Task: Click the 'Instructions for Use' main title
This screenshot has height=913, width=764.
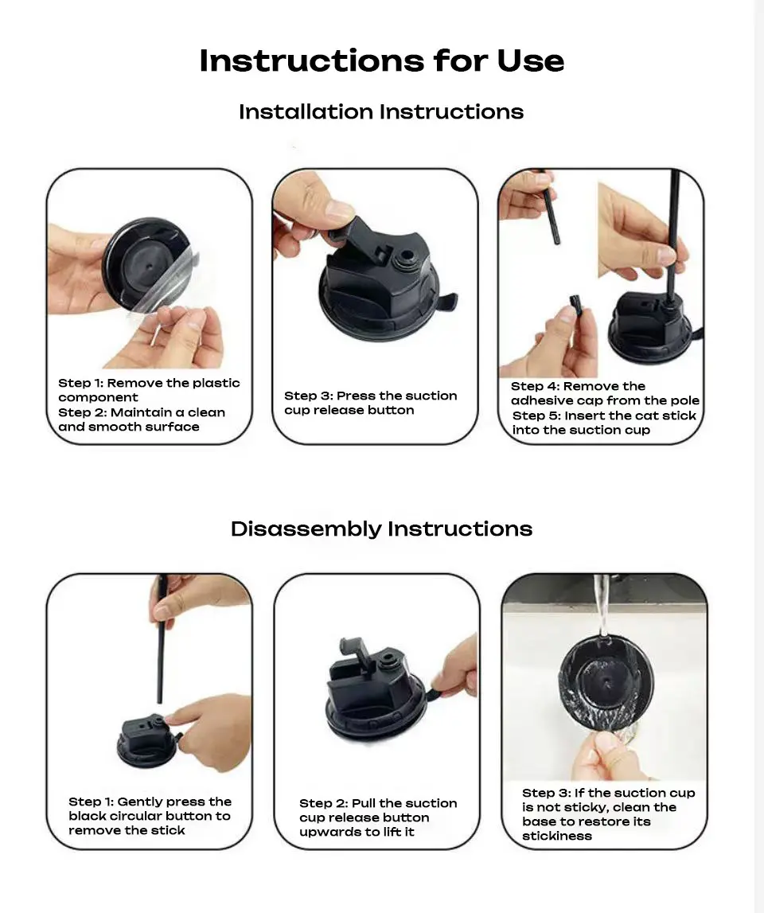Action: point(382,60)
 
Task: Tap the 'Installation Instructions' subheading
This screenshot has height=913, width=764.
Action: point(381,111)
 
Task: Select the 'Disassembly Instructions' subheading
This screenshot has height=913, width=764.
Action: point(381,529)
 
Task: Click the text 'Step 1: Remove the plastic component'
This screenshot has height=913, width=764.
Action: point(149,390)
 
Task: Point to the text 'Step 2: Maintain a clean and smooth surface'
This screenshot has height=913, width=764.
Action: point(142,419)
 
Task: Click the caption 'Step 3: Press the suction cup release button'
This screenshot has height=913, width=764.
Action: point(370,403)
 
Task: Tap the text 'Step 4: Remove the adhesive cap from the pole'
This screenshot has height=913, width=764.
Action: point(605,393)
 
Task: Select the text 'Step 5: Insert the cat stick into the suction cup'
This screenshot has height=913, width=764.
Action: point(605,423)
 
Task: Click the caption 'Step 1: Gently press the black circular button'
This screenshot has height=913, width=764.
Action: point(150,816)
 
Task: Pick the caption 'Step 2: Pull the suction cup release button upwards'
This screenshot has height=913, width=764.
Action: point(378,817)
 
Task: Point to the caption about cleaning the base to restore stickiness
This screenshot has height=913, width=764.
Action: point(609,814)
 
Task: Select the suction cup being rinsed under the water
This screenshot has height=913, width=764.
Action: point(606,682)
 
